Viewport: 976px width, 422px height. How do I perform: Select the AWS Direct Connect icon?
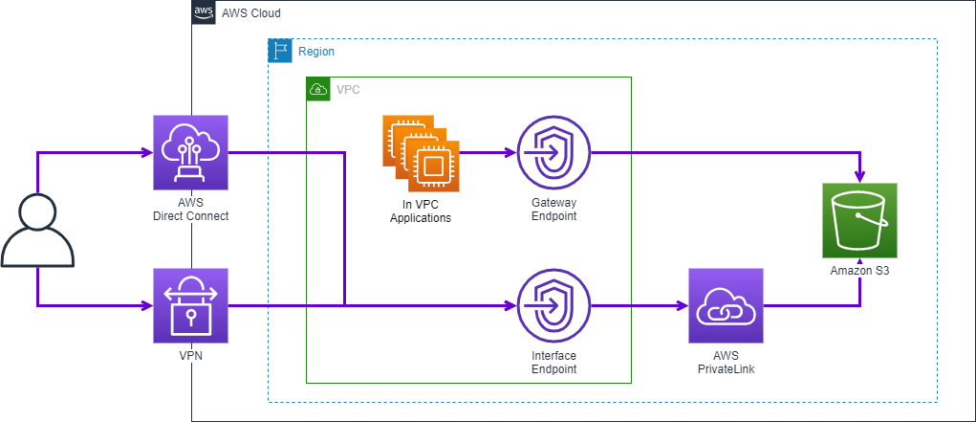tap(191, 152)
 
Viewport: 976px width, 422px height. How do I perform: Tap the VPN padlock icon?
tap(191, 305)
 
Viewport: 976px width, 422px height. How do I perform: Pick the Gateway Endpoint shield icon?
tap(554, 152)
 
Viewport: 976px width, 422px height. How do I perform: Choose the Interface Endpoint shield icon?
tap(554, 305)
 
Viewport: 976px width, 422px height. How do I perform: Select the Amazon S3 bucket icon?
tap(860, 220)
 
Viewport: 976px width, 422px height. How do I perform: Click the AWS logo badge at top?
tap(204, 12)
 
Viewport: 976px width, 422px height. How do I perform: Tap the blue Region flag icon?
tap(279, 51)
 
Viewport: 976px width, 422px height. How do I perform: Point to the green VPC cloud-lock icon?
tap(317, 89)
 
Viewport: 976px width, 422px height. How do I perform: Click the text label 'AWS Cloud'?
tap(250, 13)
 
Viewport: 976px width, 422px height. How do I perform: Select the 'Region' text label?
tap(316, 52)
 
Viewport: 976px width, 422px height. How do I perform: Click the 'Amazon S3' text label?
tap(860, 271)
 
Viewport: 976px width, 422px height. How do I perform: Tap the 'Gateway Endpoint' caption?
tap(554, 210)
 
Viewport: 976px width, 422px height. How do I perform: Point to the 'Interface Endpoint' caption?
tap(554, 362)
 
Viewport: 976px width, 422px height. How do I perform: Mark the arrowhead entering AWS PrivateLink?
tap(682, 306)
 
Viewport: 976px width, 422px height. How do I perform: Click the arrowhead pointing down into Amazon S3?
tap(860, 176)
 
